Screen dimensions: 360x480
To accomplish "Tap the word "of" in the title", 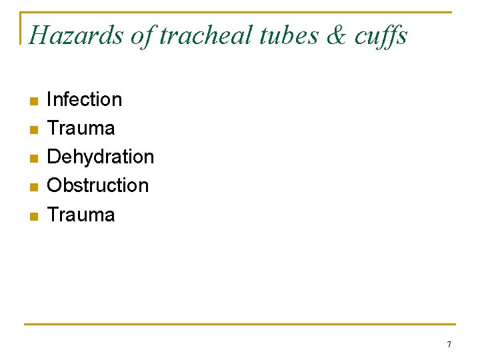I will tap(141, 35).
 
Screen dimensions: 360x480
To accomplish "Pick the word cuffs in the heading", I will tap(381, 35).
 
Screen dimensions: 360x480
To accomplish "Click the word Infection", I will tap(85, 99).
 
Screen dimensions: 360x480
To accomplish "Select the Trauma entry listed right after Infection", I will tap(81, 128).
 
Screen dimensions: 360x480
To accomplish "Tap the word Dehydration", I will tap(101, 157).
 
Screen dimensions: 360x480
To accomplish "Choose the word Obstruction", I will tap(98, 185).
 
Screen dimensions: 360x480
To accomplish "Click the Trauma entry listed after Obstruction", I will tap(81, 215).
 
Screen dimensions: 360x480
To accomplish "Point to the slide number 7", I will tap(449, 345).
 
